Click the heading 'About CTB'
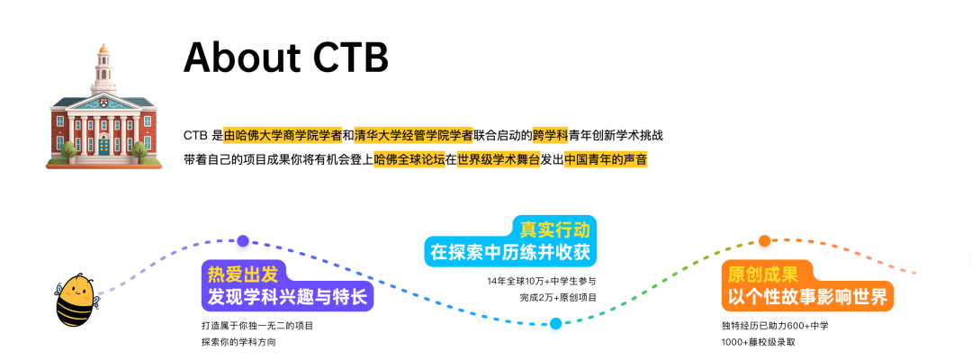[285, 58]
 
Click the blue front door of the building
[104, 144]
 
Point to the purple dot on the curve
[242, 240]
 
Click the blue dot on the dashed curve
[555, 323]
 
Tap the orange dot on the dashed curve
[764, 240]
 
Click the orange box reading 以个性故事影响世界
[807, 296]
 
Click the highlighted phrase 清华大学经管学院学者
[413, 136]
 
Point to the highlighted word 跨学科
[550, 136]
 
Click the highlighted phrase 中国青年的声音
[605, 160]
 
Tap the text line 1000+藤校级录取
[759, 342]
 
